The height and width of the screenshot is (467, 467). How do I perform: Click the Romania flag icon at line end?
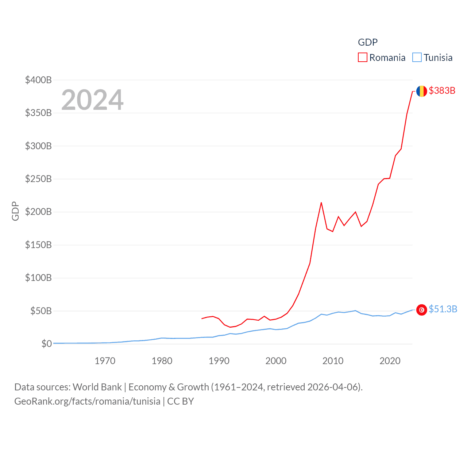(x=421, y=91)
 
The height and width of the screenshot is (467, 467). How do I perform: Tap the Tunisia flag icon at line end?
(x=421, y=310)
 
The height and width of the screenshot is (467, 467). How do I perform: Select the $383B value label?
(x=442, y=90)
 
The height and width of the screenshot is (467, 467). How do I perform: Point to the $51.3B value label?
(x=443, y=309)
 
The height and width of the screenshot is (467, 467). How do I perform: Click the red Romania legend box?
(x=362, y=58)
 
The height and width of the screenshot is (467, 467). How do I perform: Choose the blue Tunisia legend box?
(x=417, y=58)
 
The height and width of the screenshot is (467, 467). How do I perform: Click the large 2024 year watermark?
(x=92, y=100)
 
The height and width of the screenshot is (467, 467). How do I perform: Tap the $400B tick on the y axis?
(x=38, y=80)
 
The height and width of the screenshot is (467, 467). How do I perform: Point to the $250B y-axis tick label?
(x=38, y=179)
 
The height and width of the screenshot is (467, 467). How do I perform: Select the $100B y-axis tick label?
(x=38, y=278)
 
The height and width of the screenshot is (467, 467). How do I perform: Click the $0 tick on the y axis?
(x=46, y=344)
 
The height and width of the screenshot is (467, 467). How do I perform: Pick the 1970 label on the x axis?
(x=105, y=361)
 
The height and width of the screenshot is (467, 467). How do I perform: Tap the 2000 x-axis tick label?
(x=276, y=361)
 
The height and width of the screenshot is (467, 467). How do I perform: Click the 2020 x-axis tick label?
(x=390, y=361)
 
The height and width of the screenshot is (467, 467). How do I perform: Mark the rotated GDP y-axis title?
(x=15, y=211)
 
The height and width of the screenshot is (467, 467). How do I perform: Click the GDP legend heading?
(x=367, y=42)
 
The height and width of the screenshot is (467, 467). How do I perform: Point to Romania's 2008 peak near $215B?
(x=321, y=202)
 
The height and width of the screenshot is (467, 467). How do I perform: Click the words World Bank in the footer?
(x=97, y=387)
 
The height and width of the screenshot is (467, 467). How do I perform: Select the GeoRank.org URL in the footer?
(x=87, y=401)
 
